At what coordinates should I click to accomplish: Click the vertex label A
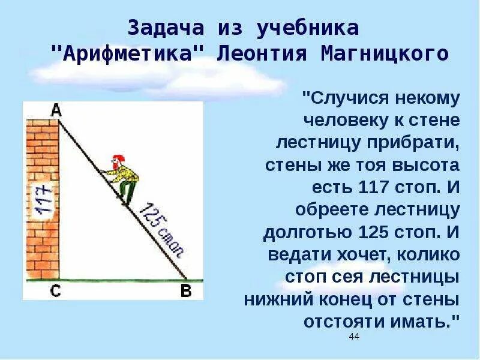[x=56, y=109]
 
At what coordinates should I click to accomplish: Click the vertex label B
[x=186, y=292]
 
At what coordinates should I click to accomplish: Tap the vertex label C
[x=55, y=292]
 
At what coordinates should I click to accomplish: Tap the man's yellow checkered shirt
[x=127, y=173]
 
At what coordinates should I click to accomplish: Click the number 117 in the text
[x=378, y=187]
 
